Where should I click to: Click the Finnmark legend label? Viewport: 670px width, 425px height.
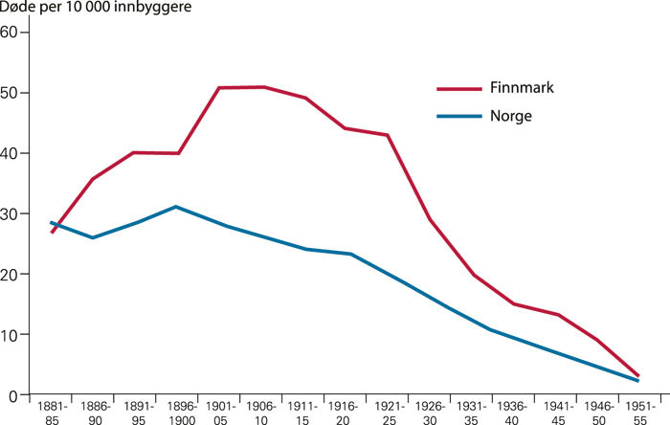523,88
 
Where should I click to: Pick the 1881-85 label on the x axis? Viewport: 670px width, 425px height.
52,413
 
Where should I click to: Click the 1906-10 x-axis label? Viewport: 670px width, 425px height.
262,413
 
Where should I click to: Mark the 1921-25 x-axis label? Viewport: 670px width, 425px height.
389,413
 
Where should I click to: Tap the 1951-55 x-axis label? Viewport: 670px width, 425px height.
641,413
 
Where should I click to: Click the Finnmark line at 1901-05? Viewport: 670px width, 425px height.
220,88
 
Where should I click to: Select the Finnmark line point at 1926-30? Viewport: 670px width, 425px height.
430,219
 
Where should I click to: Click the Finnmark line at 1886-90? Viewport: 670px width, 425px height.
93,179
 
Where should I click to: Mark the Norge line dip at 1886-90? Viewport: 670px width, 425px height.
93,237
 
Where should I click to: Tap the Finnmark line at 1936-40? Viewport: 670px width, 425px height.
514,304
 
